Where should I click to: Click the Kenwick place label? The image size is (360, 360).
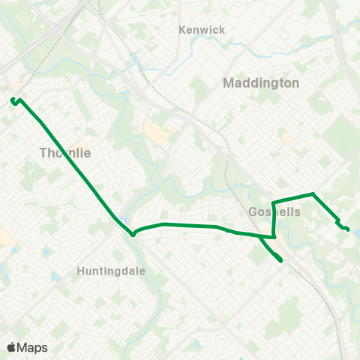tap(202, 30)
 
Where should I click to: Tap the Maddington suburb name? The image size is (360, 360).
tap(261, 83)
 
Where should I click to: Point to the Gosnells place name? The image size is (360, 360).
tap(274, 212)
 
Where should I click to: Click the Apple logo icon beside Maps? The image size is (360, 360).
tap(11, 347)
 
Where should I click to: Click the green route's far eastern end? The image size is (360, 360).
tap(347, 229)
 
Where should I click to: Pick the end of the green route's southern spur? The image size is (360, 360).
tap(280, 260)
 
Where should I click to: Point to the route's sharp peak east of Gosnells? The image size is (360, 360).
tap(313, 194)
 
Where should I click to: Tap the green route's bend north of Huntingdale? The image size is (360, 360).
tap(133, 234)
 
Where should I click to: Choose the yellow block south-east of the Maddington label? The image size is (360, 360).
tap(287, 138)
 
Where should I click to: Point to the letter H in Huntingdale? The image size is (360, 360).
tap(81, 270)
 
